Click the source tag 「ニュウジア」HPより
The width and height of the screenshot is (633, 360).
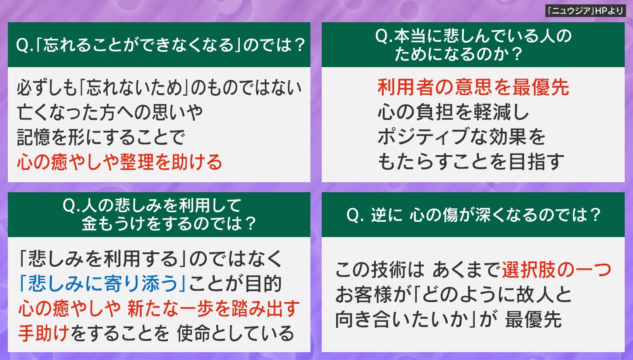point(585,11)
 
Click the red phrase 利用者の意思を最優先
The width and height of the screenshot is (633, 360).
point(473,87)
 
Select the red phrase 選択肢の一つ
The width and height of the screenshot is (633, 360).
point(556,270)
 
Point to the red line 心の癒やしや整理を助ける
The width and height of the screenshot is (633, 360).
point(119,162)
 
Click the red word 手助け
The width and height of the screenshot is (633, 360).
point(44,333)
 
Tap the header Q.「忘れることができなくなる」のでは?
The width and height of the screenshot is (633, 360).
point(160,45)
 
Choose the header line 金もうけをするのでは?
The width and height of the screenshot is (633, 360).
point(169,224)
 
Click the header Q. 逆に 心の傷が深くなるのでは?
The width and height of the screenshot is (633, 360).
point(473,215)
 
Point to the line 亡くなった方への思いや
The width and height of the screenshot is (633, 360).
point(110,112)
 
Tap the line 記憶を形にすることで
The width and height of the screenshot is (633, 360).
point(101,137)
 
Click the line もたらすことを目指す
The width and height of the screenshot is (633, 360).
point(471,161)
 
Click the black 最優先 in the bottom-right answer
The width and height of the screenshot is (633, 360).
point(533,319)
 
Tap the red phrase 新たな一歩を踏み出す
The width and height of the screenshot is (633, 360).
point(213,308)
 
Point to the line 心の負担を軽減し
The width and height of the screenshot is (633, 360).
point(453,112)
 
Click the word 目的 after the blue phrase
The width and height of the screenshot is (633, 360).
point(263,283)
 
